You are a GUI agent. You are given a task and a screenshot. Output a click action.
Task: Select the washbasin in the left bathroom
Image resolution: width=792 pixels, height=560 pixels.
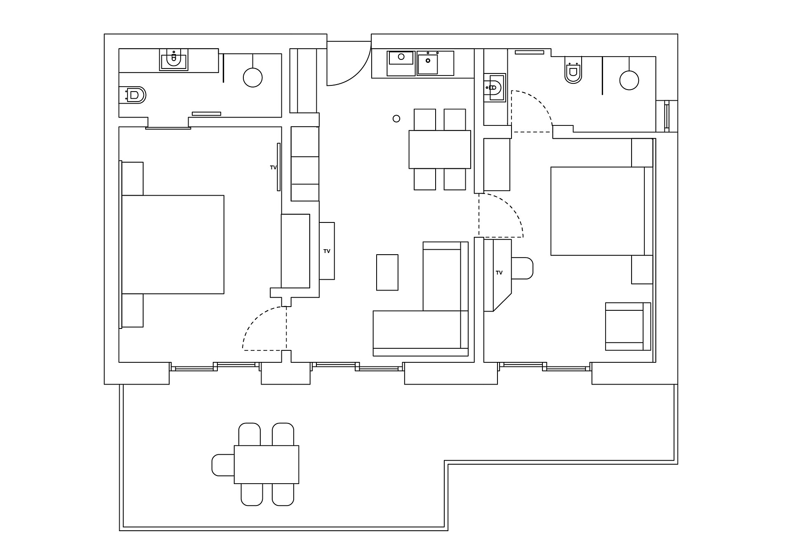(174, 60)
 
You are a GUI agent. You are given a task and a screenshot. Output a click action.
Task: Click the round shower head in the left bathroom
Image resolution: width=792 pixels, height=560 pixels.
(252, 77)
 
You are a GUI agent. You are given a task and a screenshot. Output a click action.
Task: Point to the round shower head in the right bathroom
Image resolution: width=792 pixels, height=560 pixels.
(629, 80)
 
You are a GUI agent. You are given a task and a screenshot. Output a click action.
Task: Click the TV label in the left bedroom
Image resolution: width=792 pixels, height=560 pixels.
(273, 168)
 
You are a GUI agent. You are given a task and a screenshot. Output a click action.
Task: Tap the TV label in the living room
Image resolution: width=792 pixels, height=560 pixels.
(327, 251)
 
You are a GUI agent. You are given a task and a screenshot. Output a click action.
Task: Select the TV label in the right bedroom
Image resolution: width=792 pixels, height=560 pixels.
(499, 273)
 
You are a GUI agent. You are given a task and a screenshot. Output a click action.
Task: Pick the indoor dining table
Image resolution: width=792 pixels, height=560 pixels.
(440, 149)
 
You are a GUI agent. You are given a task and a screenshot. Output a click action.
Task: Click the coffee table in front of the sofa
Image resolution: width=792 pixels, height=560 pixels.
(387, 272)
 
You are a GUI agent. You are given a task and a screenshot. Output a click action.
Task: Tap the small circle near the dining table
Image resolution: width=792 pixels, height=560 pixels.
(396, 119)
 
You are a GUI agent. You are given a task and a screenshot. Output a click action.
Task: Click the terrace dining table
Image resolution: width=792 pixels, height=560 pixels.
(266, 464)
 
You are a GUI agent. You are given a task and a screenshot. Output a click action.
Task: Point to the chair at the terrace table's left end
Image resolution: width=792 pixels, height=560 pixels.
(223, 465)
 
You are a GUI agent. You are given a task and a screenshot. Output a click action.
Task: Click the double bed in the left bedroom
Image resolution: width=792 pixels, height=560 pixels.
(173, 245)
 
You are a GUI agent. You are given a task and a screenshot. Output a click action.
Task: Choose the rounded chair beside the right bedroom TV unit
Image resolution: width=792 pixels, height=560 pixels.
(522, 268)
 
